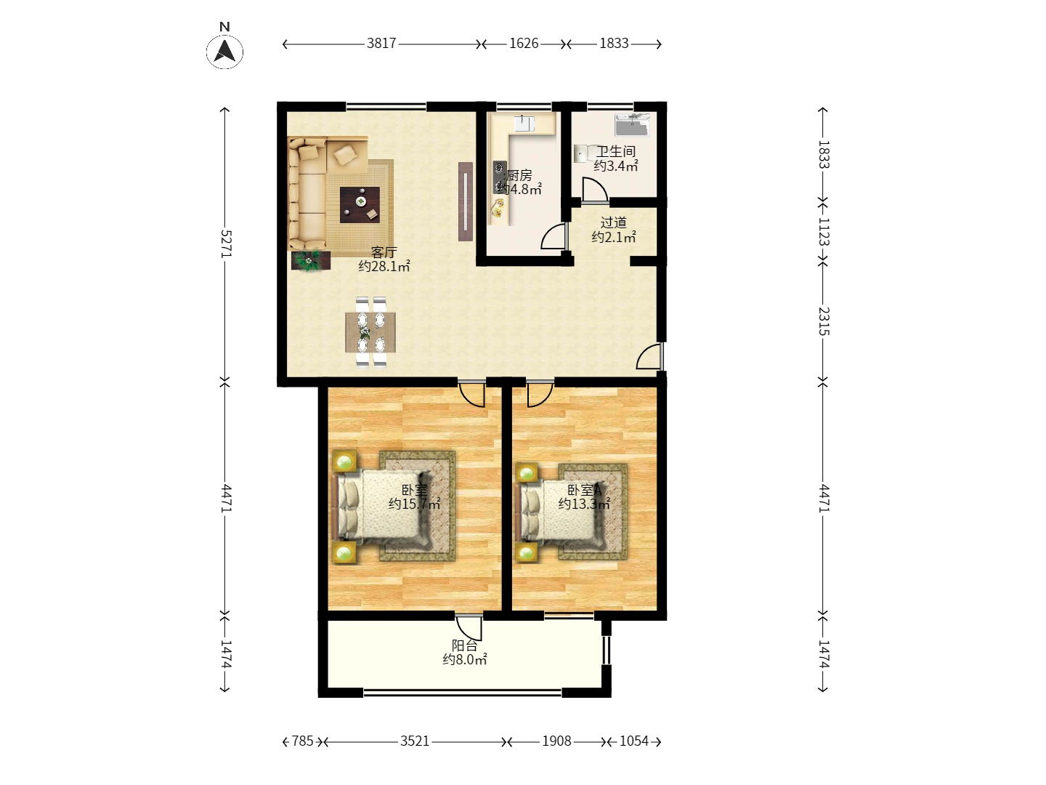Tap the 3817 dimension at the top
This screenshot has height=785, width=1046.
coord(381,44)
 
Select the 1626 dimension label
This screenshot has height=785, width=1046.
coord(524,44)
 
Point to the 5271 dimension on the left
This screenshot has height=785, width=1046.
coord(225,244)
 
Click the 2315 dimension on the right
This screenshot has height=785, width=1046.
coord(824,321)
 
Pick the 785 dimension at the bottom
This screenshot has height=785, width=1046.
coord(303,741)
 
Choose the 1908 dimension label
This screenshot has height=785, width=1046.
coord(556,741)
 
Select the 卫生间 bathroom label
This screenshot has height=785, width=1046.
coord(616,152)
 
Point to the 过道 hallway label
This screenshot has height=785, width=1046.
coord(613,222)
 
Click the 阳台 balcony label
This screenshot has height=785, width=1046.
coord(465,645)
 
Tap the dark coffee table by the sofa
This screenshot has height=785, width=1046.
coord(360,205)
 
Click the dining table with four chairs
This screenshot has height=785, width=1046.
coord(370,332)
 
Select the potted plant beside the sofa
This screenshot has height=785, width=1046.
coord(311,261)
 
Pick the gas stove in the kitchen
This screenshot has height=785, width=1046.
coord(500,177)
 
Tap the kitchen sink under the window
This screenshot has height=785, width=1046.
coord(524,123)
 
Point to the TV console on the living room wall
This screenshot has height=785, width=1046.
coord(466,201)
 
